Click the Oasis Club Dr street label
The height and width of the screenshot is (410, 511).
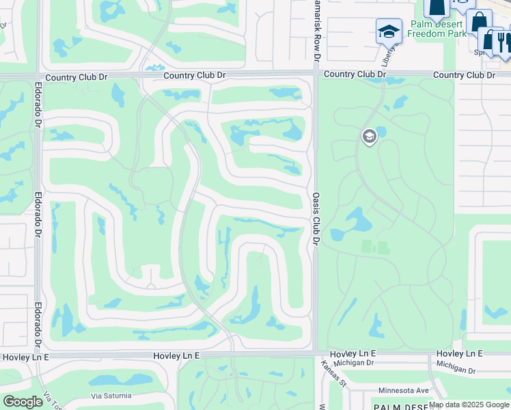click(316, 218)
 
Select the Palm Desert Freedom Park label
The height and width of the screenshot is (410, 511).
click(437, 29)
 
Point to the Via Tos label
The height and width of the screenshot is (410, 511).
click(49, 399)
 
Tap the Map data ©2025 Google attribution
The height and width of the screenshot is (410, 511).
click(469, 405)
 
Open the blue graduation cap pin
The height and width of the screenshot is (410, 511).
click(389, 30)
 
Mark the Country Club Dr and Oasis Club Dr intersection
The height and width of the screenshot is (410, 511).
click(316, 74)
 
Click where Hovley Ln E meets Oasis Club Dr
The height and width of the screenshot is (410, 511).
click(315, 354)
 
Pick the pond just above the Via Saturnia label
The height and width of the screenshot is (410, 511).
click(112, 379)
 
